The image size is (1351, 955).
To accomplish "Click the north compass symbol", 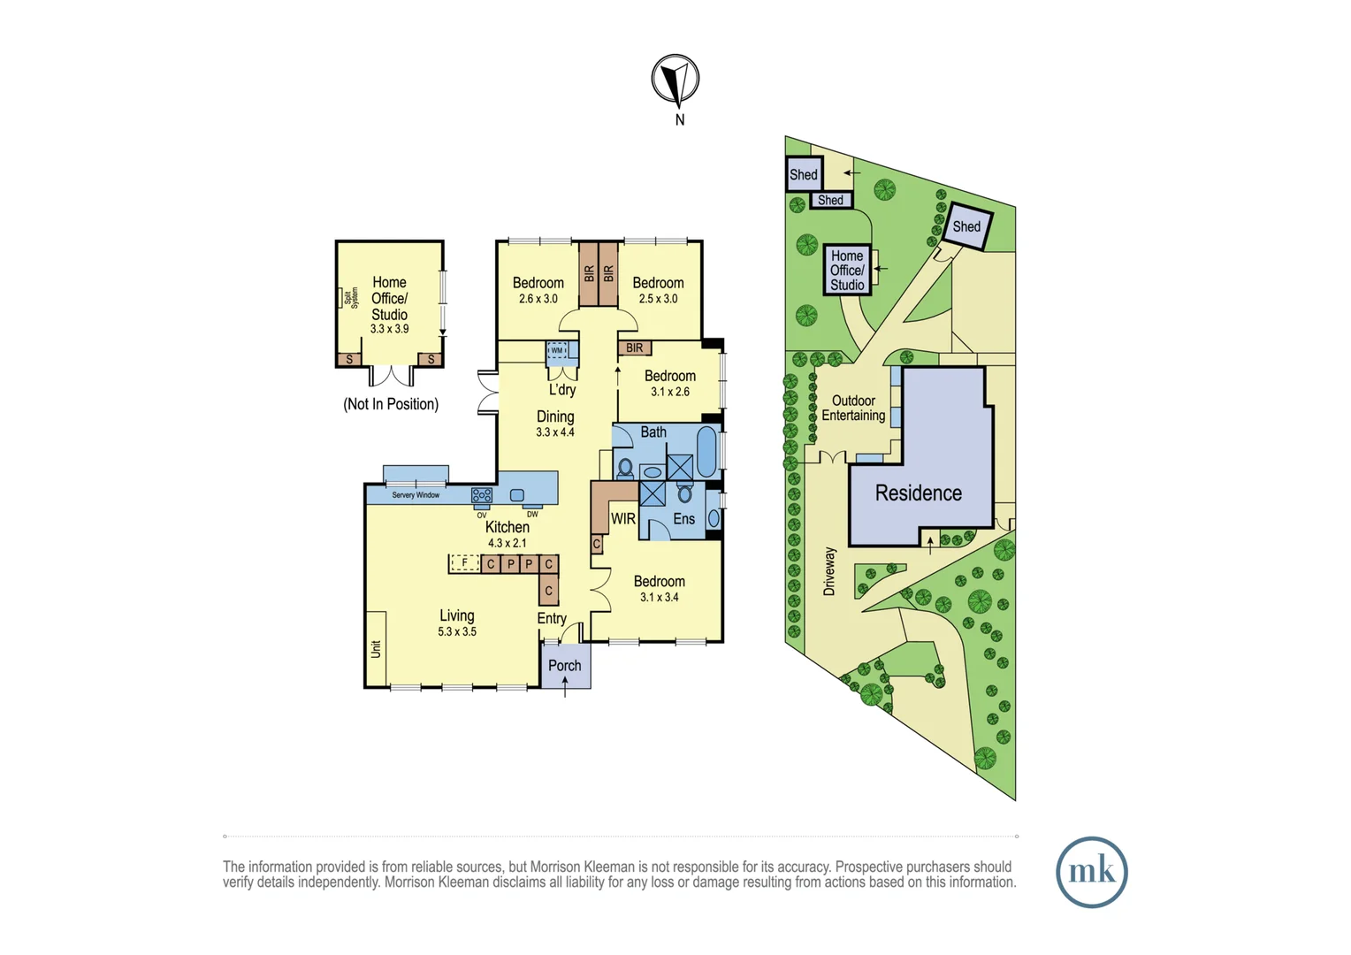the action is [x=675, y=79].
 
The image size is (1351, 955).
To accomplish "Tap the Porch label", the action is [x=564, y=666].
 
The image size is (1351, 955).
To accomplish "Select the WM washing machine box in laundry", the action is [x=557, y=350].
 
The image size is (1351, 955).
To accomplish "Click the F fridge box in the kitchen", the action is [x=464, y=563].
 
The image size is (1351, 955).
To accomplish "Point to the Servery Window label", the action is [x=416, y=495].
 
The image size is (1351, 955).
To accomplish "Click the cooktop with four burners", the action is [x=482, y=495].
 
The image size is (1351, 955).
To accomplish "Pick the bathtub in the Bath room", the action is [x=706, y=452].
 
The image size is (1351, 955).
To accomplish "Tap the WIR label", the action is [x=623, y=518].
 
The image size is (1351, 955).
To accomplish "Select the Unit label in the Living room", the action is [x=376, y=649].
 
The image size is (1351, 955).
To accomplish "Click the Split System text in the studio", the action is [x=351, y=298].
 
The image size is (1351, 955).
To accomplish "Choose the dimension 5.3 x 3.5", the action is [x=457, y=631].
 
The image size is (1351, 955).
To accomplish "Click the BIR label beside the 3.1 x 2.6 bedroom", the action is [x=635, y=348].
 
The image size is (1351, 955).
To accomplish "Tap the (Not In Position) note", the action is [x=391, y=404].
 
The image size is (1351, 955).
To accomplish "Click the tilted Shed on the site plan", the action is [x=966, y=226].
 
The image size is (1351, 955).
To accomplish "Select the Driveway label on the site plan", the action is [x=829, y=572].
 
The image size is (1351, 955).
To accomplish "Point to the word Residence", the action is [x=919, y=493].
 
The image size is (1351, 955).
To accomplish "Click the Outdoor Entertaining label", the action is [x=853, y=408].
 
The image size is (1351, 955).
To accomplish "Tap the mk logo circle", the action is [x=1092, y=873].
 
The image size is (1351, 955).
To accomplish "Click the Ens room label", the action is [x=684, y=519].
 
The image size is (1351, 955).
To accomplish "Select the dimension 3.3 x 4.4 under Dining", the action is [x=555, y=432].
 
